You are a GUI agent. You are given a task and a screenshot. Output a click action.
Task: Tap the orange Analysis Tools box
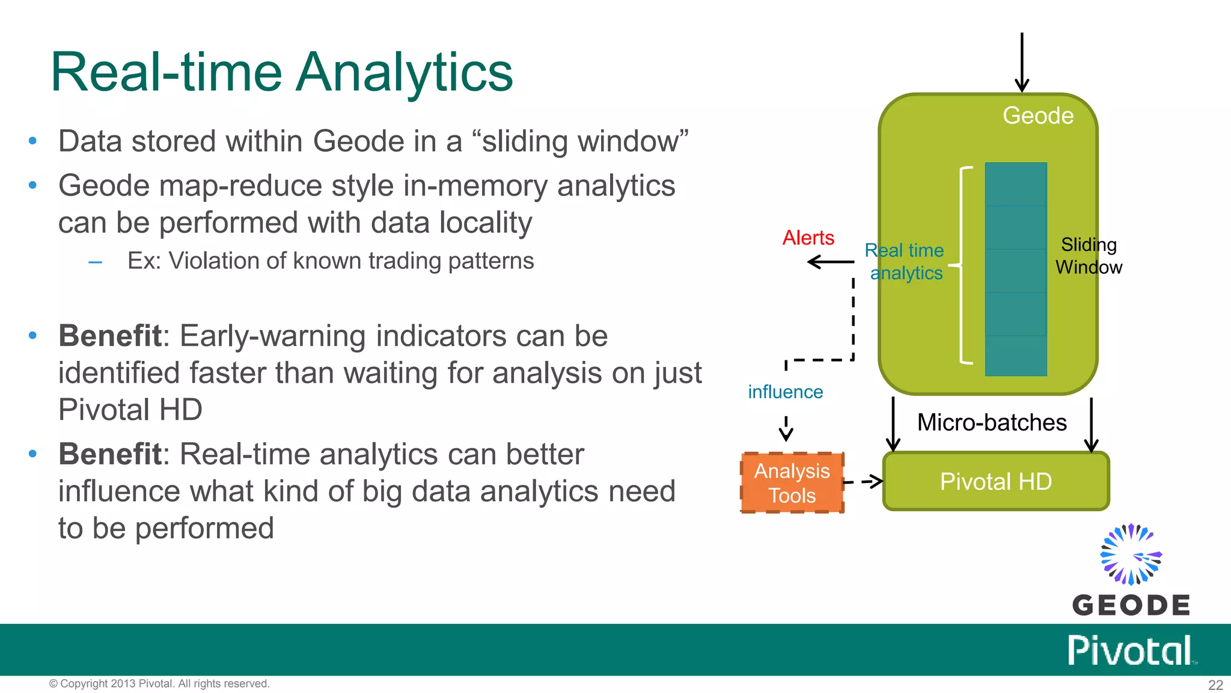(792, 483)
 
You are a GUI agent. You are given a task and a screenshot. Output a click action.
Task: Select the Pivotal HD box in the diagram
(995, 482)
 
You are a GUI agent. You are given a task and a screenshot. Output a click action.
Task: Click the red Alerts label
(808, 238)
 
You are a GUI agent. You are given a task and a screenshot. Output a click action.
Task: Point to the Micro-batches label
(992, 423)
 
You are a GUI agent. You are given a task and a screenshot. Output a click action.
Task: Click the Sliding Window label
(1089, 256)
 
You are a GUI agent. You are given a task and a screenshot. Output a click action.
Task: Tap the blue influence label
(785, 392)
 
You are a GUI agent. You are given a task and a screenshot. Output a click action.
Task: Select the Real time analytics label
(905, 262)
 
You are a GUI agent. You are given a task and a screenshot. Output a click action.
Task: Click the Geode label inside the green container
(1038, 115)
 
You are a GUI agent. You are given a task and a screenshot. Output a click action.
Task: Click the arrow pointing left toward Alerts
(830, 262)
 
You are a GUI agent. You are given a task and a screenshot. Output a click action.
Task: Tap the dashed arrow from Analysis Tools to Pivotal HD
(864, 481)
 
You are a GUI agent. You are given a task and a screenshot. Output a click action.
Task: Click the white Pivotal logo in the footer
(1130, 650)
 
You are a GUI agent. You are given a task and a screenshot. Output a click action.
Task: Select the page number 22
(1215, 685)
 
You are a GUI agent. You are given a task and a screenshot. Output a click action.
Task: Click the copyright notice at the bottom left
(159, 684)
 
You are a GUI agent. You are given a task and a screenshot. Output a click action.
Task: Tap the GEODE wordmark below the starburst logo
(1131, 605)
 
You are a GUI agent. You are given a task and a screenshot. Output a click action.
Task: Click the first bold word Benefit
(110, 336)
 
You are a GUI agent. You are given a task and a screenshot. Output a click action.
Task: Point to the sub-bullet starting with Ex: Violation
(330, 261)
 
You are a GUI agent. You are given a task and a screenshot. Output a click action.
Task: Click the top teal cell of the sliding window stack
(1016, 184)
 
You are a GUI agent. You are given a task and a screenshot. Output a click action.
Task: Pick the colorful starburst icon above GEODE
(1131, 554)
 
